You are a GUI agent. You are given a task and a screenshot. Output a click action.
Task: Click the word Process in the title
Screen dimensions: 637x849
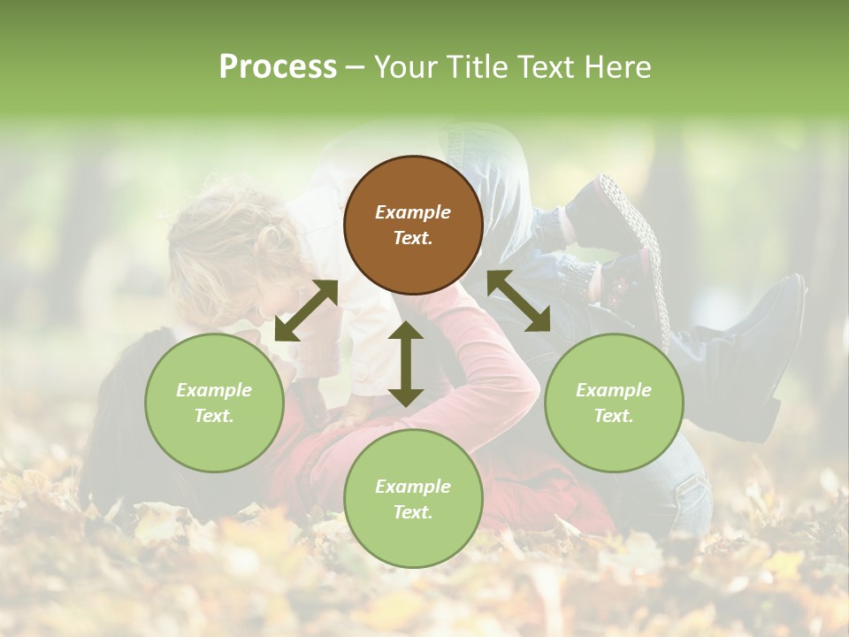(278, 66)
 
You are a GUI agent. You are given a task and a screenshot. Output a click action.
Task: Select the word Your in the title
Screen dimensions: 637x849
(405, 66)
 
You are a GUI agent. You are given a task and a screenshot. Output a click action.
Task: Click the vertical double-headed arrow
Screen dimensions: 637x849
(406, 364)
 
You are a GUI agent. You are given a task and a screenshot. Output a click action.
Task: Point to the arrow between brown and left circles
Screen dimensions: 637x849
(306, 311)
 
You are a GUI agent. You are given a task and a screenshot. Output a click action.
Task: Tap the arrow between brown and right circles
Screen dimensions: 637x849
(519, 301)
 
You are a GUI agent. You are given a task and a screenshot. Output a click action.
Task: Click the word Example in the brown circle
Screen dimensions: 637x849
(413, 212)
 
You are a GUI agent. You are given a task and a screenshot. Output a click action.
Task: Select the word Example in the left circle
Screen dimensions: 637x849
(214, 390)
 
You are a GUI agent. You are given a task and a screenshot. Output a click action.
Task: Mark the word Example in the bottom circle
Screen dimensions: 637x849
(413, 487)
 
